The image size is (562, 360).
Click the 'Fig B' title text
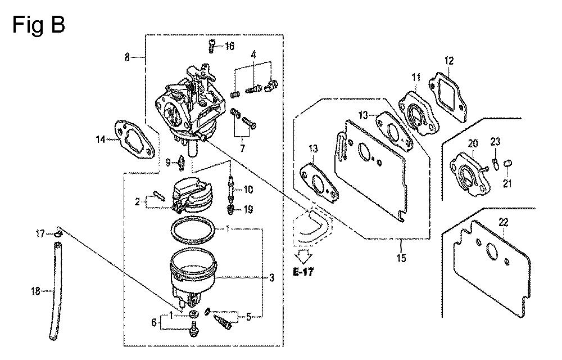(39, 26)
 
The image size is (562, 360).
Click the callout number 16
(229, 46)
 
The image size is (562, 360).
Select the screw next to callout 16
(211, 46)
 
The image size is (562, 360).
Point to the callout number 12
(448, 61)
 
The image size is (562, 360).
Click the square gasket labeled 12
(448, 92)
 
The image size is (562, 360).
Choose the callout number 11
(416, 77)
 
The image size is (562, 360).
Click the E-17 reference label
(303, 272)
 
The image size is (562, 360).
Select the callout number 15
(401, 258)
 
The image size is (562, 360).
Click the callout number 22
(503, 223)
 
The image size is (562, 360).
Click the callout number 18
(35, 291)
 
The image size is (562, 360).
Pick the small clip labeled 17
(58, 235)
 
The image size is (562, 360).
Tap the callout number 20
(473, 143)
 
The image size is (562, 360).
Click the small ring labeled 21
(507, 164)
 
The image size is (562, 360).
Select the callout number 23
(495, 142)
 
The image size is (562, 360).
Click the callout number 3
(271, 277)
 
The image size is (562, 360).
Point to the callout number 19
(248, 209)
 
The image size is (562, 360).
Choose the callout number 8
(127, 57)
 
